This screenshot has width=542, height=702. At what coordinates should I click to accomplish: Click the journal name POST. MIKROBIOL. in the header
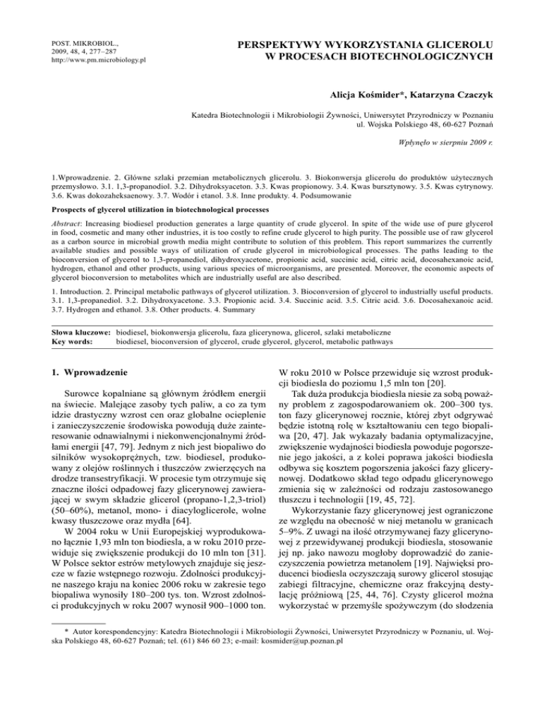[x=62, y=42]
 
